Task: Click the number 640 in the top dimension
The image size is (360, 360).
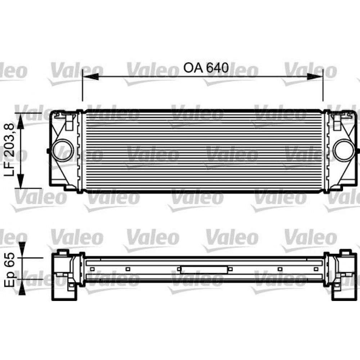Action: (x=217, y=68)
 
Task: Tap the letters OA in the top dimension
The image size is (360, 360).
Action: (x=194, y=68)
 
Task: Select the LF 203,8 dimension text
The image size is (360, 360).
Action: (x=10, y=150)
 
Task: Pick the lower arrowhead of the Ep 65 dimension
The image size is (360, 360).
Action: (x=22, y=287)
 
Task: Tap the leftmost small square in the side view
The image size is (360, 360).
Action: (x=93, y=269)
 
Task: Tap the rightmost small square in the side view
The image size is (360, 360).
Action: (x=316, y=269)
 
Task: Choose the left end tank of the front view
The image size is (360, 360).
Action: (x=65, y=150)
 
